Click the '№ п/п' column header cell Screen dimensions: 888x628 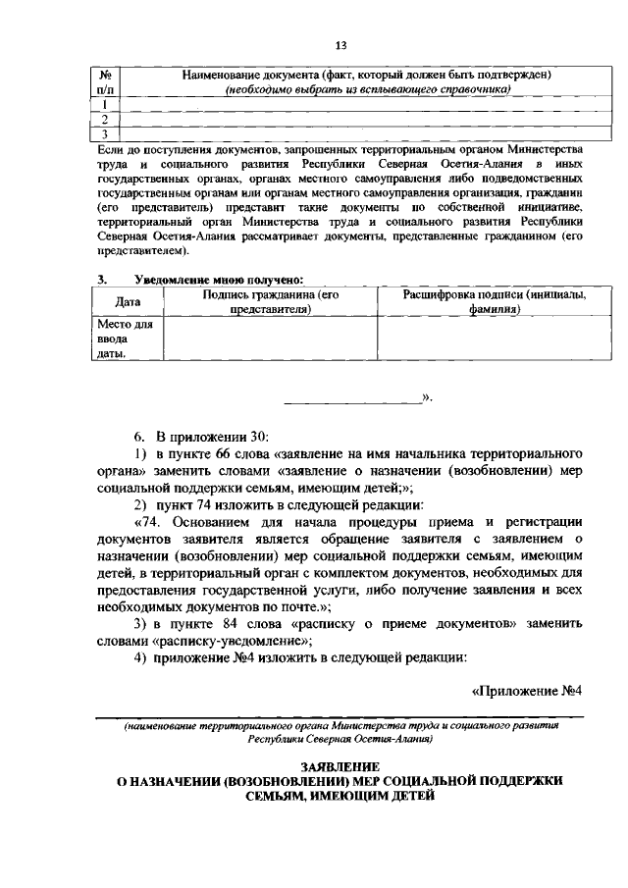(106, 82)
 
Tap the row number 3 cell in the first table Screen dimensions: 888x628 (105, 133)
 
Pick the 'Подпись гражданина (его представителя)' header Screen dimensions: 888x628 (270, 301)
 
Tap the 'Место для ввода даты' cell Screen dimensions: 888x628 (118, 339)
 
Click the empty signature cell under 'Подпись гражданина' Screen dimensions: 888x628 (270, 339)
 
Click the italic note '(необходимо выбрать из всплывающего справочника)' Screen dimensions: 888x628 (368, 89)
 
